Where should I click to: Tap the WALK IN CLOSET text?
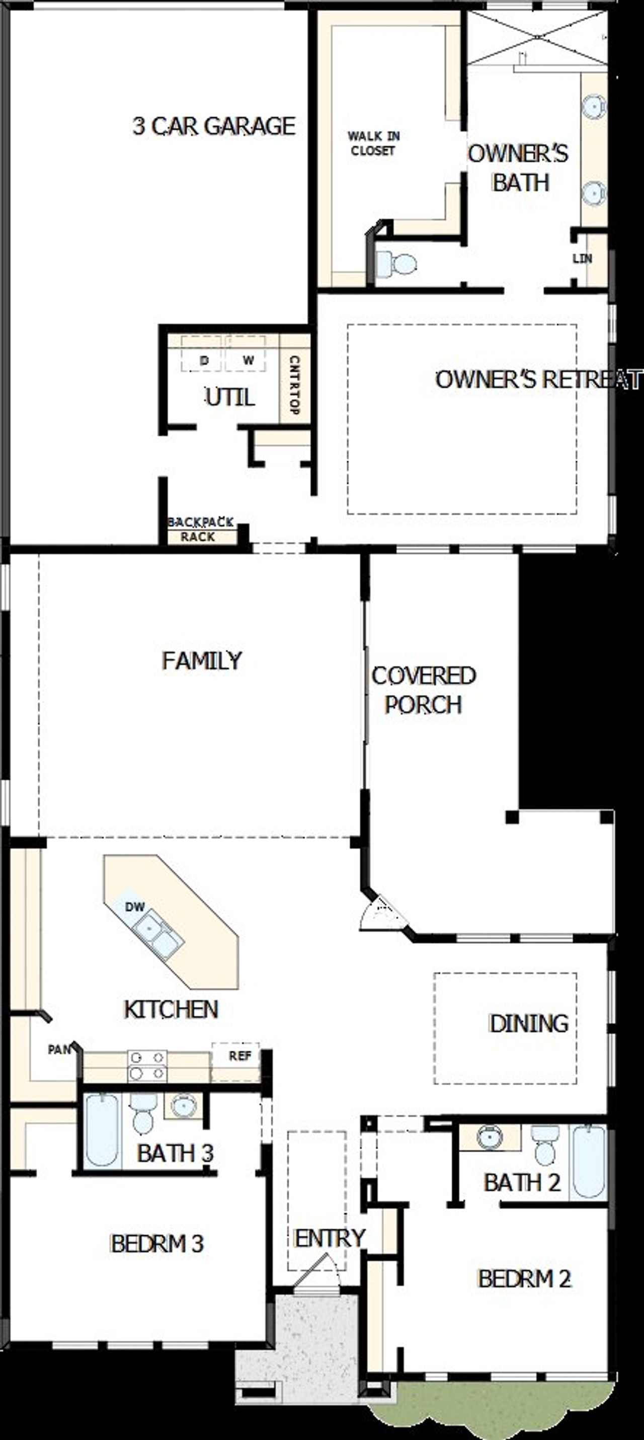coord(373,143)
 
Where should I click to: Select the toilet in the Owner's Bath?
coord(397,263)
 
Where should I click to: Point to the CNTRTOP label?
coord(295,386)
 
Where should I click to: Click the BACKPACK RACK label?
coord(200,529)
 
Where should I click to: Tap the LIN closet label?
coord(582,259)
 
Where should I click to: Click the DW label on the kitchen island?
coord(135,906)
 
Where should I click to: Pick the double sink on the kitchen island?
coord(157,935)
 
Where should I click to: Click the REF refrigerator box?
coord(240,1055)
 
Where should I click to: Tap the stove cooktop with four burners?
coord(147,1066)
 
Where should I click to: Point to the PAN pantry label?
coord(59,1049)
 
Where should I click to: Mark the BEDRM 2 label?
coord(524,1278)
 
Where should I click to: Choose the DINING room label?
coord(528,1023)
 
